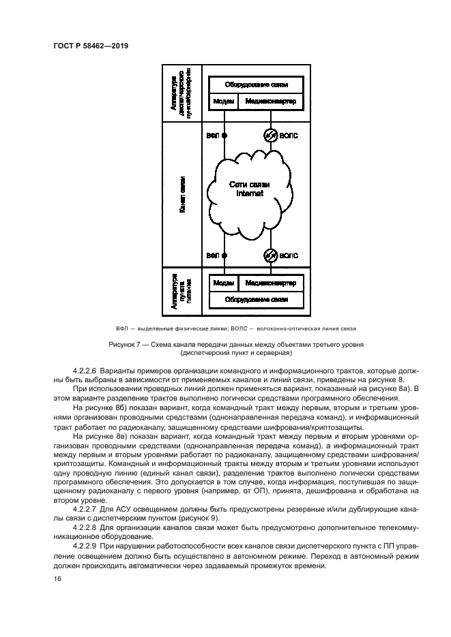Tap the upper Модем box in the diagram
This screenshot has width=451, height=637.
(224, 101)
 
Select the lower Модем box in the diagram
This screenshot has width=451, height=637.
(224, 282)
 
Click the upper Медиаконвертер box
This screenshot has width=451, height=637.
(271, 101)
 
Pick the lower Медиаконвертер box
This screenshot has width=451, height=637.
(271, 282)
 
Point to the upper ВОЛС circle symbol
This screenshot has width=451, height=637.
(271, 136)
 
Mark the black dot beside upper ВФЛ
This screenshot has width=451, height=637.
(224, 136)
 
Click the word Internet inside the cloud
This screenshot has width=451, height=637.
(249, 194)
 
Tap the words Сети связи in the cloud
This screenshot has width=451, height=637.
(249, 185)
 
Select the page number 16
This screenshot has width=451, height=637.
(57, 578)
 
